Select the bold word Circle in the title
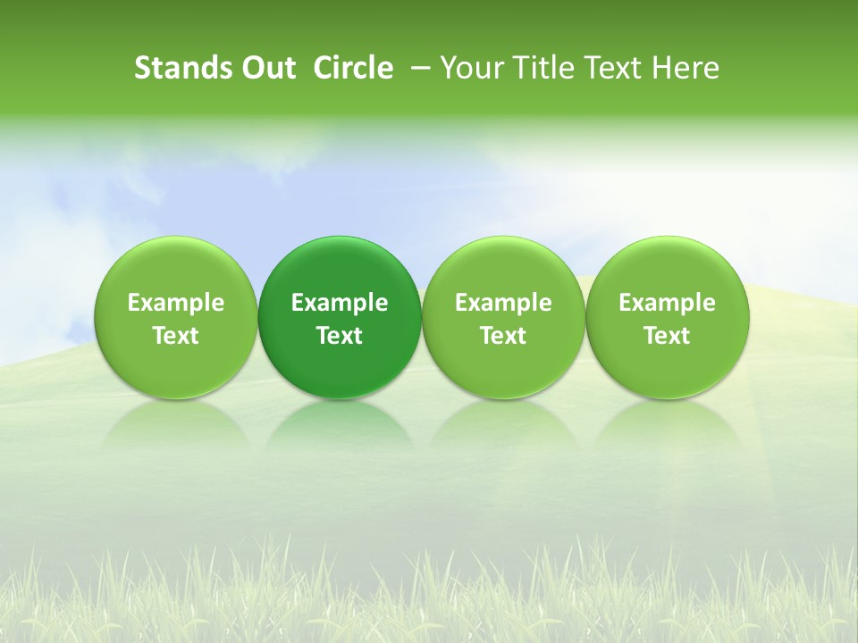(x=353, y=68)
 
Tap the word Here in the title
(x=685, y=68)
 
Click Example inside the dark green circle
(x=340, y=303)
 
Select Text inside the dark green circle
(x=340, y=336)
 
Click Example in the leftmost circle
(x=176, y=303)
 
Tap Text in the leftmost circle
(x=176, y=336)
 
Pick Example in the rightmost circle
(x=667, y=303)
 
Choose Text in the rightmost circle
(x=667, y=336)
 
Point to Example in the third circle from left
(x=503, y=303)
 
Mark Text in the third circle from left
(x=503, y=336)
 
